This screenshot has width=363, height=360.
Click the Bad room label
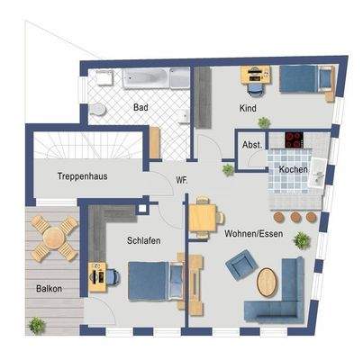[141, 107]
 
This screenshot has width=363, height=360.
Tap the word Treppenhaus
[82, 176]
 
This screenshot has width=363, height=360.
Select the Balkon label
[49, 289]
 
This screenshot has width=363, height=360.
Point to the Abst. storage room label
[252, 145]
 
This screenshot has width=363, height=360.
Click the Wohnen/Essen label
[254, 233]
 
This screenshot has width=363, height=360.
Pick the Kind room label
[248, 108]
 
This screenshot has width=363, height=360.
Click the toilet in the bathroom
[97, 109]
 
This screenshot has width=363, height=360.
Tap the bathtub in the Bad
[146, 78]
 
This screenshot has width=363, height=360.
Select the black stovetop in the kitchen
[295, 139]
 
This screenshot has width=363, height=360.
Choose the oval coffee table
[267, 283]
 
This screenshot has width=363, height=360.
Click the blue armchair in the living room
[241, 265]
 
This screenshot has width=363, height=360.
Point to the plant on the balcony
[37, 326]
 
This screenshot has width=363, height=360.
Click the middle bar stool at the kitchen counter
[295, 217]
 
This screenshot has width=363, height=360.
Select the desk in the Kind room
[256, 75]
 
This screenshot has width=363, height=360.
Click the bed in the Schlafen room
[156, 281]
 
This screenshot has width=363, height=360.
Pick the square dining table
[203, 218]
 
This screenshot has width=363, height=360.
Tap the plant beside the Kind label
[264, 122]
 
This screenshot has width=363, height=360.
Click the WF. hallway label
[182, 181]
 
